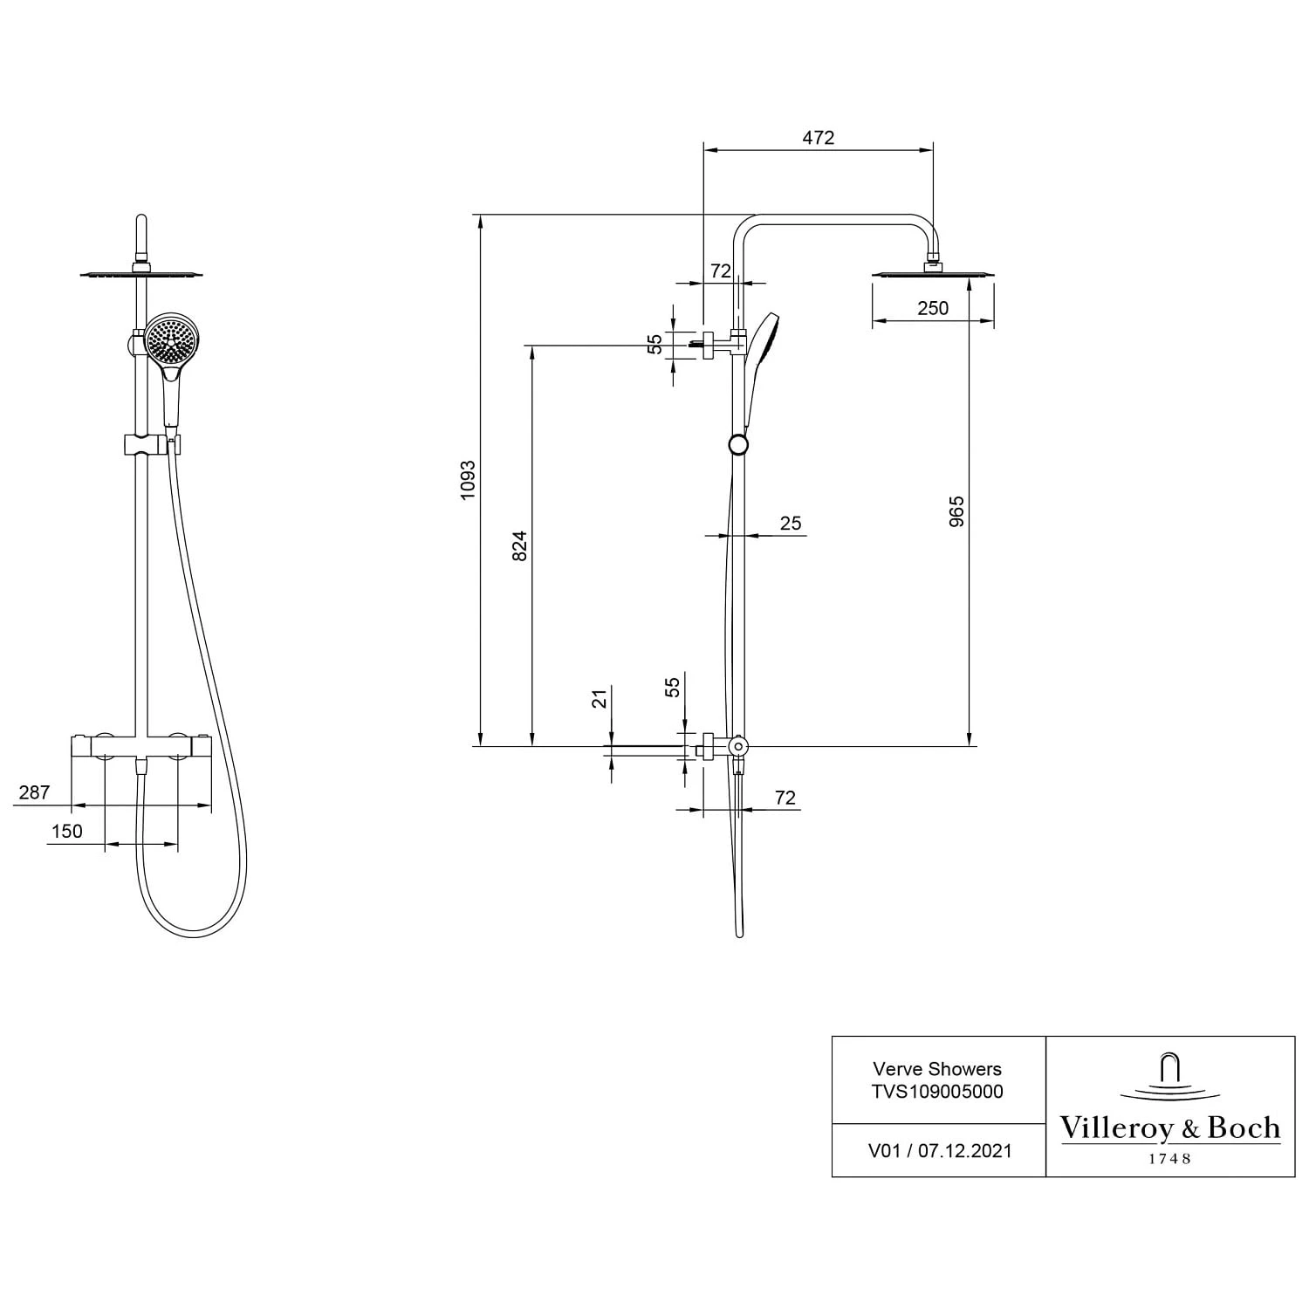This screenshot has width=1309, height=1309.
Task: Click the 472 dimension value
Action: (818, 138)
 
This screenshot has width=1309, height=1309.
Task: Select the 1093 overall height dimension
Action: (468, 480)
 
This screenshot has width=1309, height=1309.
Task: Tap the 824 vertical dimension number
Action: (520, 545)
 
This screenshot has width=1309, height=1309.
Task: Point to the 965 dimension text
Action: (956, 511)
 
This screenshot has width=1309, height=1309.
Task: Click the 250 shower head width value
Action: (932, 308)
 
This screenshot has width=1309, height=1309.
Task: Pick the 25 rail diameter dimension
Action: (790, 524)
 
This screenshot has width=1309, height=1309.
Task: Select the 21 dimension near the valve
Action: (600, 699)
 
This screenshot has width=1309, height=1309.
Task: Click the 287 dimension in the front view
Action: (34, 792)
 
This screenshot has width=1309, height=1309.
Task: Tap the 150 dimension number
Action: (66, 831)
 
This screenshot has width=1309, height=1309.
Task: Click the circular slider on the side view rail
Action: (738, 445)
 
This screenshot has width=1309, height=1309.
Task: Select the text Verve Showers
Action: (937, 1069)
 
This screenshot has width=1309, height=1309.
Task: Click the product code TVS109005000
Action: (937, 1092)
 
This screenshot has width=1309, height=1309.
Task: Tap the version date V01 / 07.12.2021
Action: (939, 1151)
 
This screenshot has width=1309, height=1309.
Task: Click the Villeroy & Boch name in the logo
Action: (1169, 1128)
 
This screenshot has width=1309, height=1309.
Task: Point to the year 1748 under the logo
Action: (1169, 1159)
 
